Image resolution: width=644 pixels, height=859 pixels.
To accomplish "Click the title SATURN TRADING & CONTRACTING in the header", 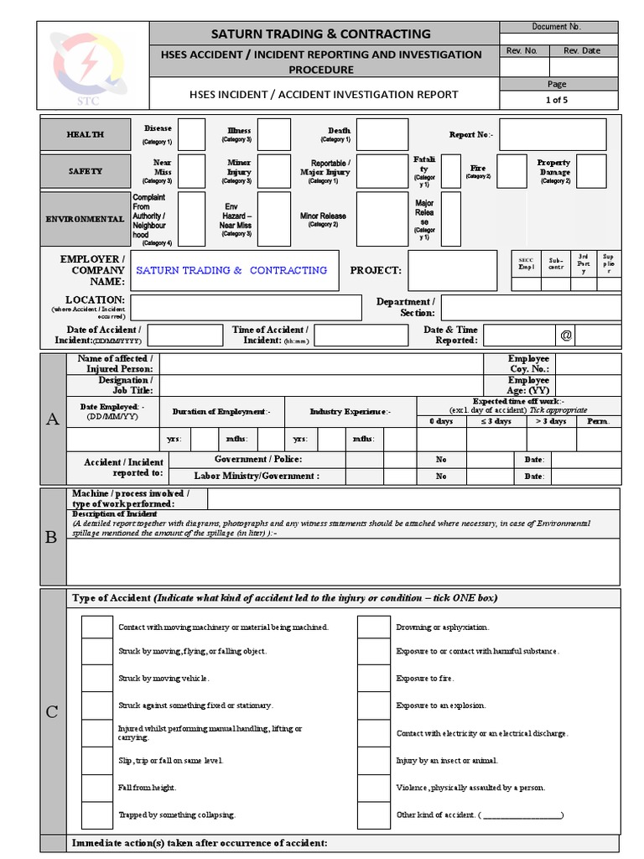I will [x=322, y=34].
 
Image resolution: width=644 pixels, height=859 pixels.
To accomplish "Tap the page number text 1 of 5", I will [x=556, y=100].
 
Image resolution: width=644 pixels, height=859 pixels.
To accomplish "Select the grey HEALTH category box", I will [x=86, y=134].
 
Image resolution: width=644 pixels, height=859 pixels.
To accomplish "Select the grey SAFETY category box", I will [x=86, y=171].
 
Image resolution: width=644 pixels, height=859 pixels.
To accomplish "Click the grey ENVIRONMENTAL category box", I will [x=86, y=219].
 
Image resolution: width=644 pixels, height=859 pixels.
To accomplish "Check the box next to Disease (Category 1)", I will [x=191, y=134].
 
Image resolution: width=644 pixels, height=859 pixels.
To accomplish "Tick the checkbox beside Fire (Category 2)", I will [x=512, y=170].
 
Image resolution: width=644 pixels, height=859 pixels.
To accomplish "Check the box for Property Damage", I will [x=591, y=171].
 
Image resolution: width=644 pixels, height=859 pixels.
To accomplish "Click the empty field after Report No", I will [x=553, y=134].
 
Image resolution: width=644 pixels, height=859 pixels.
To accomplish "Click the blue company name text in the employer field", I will [x=231, y=270].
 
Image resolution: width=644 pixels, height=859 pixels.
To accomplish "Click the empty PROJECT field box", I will [x=453, y=270].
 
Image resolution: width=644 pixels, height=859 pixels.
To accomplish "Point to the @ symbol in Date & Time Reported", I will [x=566, y=336].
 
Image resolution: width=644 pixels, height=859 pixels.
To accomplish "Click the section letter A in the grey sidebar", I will [x=53, y=419].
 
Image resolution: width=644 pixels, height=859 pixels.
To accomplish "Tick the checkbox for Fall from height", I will [x=96, y=788].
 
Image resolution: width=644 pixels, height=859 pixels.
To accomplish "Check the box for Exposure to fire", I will [x=373, y=678].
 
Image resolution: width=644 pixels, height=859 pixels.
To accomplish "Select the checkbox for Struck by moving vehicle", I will [x=96, y=678].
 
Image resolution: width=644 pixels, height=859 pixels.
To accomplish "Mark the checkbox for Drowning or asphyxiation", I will [x=373, y=627].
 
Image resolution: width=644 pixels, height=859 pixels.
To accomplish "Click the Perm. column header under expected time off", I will [x=598, y=421].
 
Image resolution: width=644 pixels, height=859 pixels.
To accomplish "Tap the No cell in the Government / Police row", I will [x=441, y=460].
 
